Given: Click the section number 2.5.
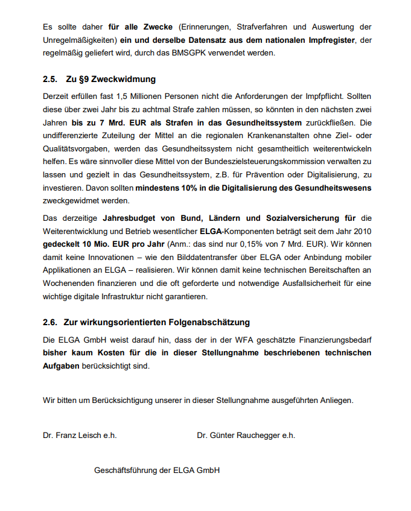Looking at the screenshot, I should [50, 79].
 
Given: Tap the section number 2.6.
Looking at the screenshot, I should [50, 322].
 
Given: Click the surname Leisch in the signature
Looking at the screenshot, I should [84, 435].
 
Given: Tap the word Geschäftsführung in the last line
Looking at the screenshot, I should [124, 469].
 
